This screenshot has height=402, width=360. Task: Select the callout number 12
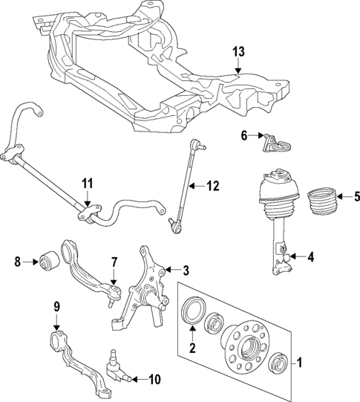click(x=213, y=187)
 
